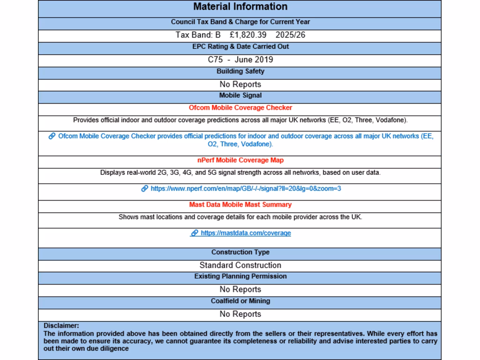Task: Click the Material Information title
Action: (x=240, y=7)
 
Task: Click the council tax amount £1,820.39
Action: (x=248, y=35)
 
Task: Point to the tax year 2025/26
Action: (x=291, y=35)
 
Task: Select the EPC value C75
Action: (x=215, y=60)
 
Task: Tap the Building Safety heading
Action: (x=240, y=71)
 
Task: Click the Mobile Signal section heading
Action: (x=240, y=96)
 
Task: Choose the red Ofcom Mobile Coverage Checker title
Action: (x=240, y=108)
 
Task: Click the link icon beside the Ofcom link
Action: (x=52, y=136)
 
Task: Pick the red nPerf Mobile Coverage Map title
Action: (x=240, y=160)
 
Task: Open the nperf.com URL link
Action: (x=246, y=189)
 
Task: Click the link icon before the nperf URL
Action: (x=145, y=189)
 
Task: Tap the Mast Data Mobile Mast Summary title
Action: (x=240, y=205)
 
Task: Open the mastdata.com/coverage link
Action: (x=246, y=233)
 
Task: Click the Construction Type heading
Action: (x=240, y=252)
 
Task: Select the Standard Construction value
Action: (x=240, y=265)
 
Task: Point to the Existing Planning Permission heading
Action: (x=240, y=277)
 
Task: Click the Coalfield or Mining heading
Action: (x=240, y=301)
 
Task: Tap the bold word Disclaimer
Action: (x=61, y=325)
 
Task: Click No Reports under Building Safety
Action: (x=240, y=84)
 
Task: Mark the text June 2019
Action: (x=254, y=60)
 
